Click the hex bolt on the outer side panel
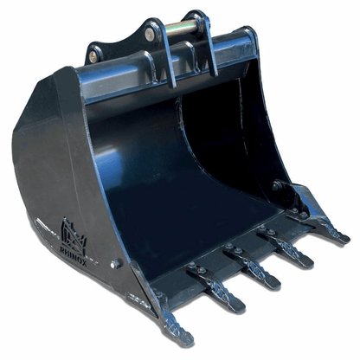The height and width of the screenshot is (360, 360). pos(115,262)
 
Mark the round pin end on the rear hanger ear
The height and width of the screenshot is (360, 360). pos(151,34)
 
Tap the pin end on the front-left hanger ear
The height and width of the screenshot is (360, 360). pos(93,57)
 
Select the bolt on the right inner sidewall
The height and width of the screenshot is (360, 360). pos(276,185)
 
